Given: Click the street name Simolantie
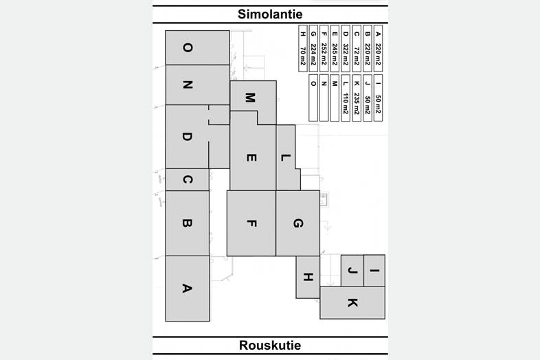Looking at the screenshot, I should point(270,14).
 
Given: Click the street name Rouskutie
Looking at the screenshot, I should point(270,345).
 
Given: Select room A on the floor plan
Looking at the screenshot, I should point(187,288).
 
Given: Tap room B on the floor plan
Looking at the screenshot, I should point(187,223).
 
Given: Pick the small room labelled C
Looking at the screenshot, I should point(187,180).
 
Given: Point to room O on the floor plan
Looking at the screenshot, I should point(187,47).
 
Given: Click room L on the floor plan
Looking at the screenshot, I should point(286,157).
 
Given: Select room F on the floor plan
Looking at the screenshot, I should point(251,223).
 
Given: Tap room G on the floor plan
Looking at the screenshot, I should point(297,223).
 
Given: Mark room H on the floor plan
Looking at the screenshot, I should point(308,277).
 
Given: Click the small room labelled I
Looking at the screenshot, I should point(374,271).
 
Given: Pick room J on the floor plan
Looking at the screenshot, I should point(352,271).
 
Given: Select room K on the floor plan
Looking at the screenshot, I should point(352,303).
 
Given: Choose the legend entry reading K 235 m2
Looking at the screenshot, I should point(357,101).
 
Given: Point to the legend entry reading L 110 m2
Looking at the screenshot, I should point(346,101).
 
